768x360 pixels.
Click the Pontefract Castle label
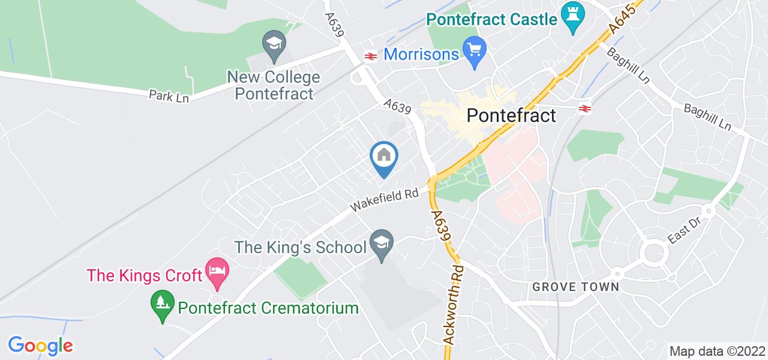coord(492,19)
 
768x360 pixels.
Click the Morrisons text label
coord(421,55)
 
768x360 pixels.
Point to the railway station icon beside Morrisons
coord(369,56)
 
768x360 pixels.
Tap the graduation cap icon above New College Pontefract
coord(274,44)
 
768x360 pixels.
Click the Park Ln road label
coord(169,96)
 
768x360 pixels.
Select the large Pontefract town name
coord(511,115)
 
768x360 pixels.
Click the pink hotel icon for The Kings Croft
coord(215,270)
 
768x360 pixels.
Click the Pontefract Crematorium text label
coord(268,308)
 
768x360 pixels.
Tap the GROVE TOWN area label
coord(575,287)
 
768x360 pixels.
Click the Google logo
coord(40,346)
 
